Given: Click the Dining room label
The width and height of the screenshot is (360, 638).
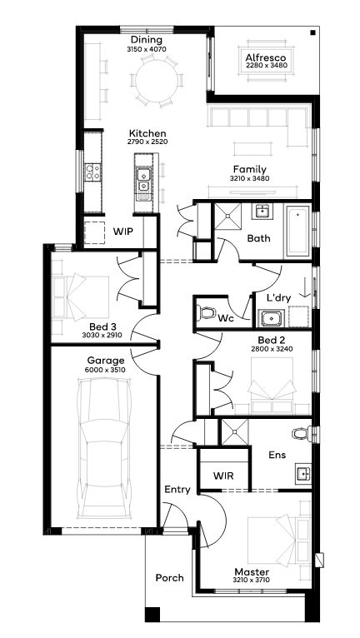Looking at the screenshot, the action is click(147, 40).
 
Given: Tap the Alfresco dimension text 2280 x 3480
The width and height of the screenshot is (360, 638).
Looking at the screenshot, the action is click(267, 65).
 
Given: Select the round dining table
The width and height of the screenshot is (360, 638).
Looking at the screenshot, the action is click(157, 80).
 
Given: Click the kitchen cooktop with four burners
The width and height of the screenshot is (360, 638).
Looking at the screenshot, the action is click(93, 172).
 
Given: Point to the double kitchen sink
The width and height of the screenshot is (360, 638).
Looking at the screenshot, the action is click(143, 181).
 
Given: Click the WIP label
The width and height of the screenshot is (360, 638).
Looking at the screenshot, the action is click(123, 232).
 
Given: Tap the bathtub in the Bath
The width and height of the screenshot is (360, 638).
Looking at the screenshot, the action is click(297, 231).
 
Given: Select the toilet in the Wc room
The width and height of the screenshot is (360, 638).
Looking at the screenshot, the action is click(207, 313).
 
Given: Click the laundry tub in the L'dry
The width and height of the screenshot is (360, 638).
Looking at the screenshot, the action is click(272, 318).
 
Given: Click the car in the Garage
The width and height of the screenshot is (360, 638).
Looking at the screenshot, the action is click(105, 446).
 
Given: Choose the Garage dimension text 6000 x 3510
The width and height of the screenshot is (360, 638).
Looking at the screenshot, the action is click(106, 370).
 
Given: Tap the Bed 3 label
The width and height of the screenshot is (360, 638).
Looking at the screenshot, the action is click(102, 326).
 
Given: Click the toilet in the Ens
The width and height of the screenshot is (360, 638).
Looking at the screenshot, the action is click(302, 433).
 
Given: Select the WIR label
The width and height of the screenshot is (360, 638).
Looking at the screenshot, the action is click(223, 476).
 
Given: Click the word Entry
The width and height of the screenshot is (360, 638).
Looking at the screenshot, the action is click(177, 490).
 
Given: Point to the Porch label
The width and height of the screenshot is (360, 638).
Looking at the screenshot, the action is click(169, 578).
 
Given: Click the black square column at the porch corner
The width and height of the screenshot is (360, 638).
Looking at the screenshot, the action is click(152, 614).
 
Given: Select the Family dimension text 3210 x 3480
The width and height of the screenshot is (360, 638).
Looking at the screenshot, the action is click(250, 178).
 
